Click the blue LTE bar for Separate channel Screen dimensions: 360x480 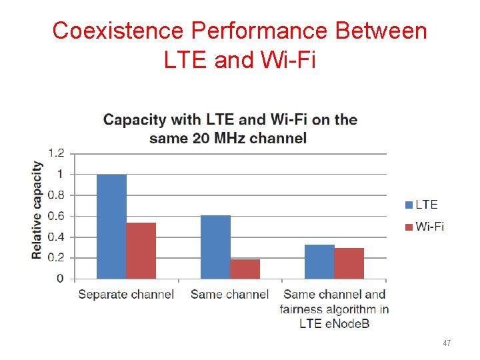pyautogui.click(x=111, y=227)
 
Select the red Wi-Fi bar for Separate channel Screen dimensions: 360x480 pyautogui.click(x=141, y=251)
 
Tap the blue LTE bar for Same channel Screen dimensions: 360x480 pyautogui.click(x=215, y=247)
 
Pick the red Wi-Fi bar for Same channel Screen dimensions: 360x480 pyautogui.click(x=245, y=269)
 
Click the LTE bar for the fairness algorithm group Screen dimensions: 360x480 pyautogui.click(x=319, y=261)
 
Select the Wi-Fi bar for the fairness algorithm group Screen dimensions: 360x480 pyautogui.click(x=349, y=263)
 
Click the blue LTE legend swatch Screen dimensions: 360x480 pyautogui.click(x=409, y=205)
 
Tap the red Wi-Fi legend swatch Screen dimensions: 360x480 pyautogui.click(x=409, y=227)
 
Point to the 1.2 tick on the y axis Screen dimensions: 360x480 pyautogui.click(x=56, y=153)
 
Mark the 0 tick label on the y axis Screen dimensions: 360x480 pyautogui.click(x=60, y=279)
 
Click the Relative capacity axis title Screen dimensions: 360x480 pyautogui.click(x=37, y=210)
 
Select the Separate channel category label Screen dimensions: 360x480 pyautogui.click(x=126, y=294)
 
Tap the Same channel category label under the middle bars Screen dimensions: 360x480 pyautogui.click(x=229, y=294)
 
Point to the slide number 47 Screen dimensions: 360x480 pyautogui.click(x=447, y=343)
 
